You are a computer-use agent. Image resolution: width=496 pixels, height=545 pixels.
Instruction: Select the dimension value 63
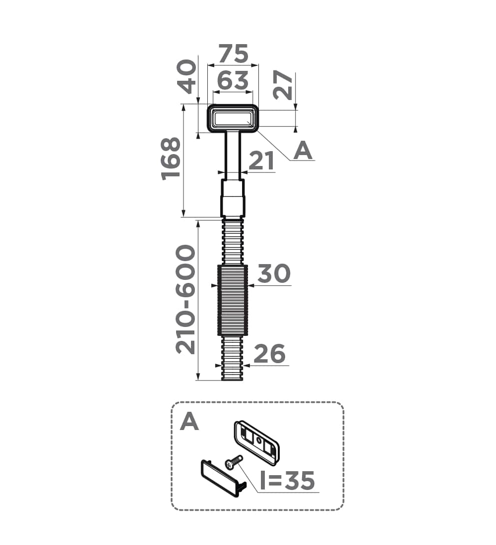pyautogui.click(x=233, y=80)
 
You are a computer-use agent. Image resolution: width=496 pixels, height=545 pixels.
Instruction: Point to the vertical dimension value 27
pyautogui.click(x=283, y=85)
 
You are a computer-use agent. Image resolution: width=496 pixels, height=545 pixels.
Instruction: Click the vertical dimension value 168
pyautogui.click(x=171, y=159)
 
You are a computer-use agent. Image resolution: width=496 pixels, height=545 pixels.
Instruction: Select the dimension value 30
pyautogui.click(x=274, y=273)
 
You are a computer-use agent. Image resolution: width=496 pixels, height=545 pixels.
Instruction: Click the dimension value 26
pyautogui.click(x=269, y=354)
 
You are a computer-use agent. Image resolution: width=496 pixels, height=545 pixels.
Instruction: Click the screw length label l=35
pyautogui.click(x=288, y=481)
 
